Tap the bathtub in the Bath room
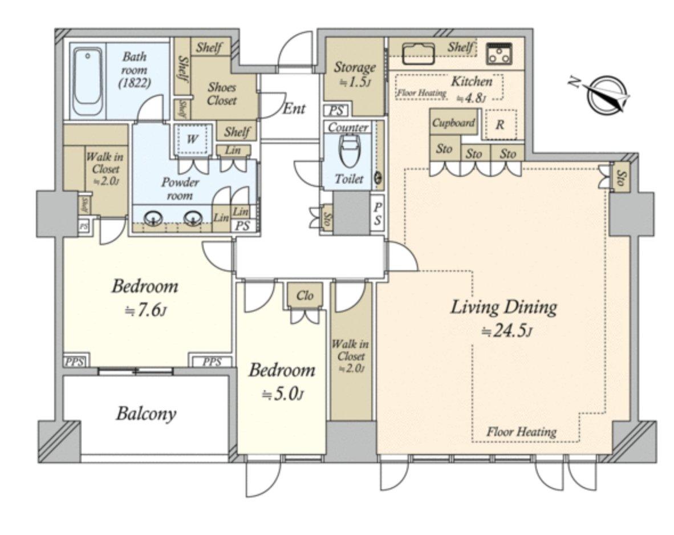87,83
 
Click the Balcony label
146,414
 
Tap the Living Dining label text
504,308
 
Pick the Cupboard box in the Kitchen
453,123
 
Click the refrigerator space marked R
500,125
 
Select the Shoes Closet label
222,94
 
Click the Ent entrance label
294,108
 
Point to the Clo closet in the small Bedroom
305,297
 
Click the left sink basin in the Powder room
152,218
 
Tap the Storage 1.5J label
355,74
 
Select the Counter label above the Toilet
348,128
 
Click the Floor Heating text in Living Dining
521,432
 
